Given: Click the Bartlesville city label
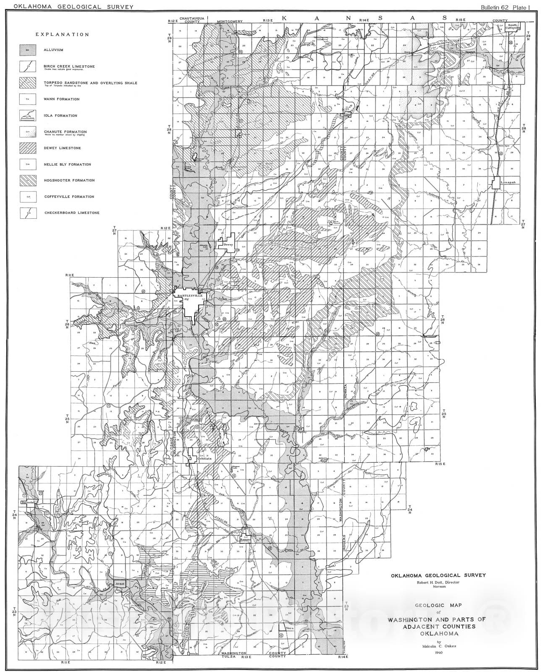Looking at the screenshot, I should [x=190, y=296].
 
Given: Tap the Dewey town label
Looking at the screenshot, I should [x=228, y=244].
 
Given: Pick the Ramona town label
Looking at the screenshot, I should [x=245, y=540].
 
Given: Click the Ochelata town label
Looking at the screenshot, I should [x=196, y=459].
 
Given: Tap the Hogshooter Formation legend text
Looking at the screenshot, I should [x=69, y=181].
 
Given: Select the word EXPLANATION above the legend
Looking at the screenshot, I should [x=62, y=35].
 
